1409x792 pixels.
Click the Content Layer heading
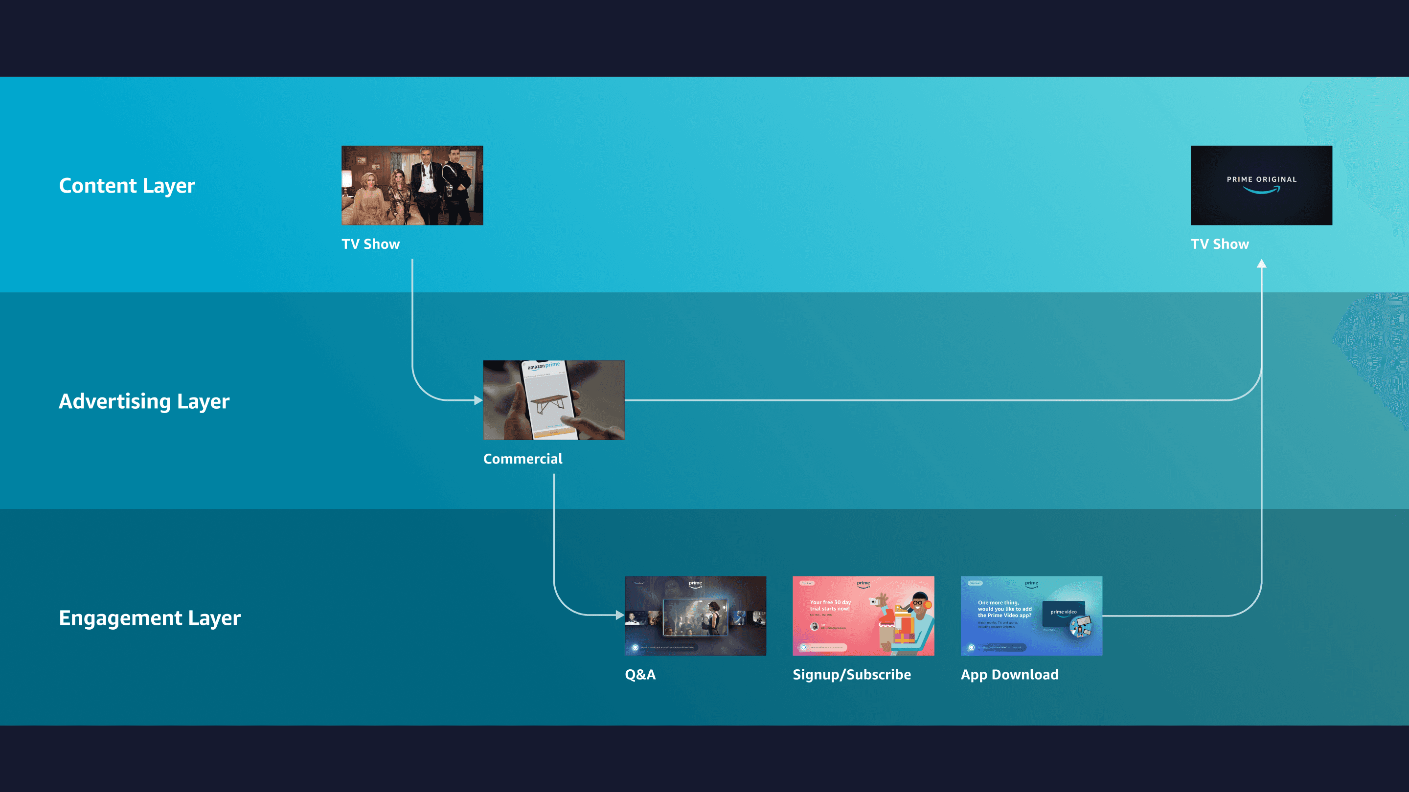pyautogui.click(x=127, y=186)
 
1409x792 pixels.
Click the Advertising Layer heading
pyautogui.click(x=144, y=401)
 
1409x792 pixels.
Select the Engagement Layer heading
pyautogui.click(x=149, y=617)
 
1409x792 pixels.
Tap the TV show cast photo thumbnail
pyautogui.click(x=412, y=185)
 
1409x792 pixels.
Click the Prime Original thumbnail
pyautogui.click(x=1261, y=185)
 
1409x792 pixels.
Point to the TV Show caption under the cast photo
pyautogui.click(x=370, y=244)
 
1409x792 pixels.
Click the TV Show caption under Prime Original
pyautogui.click(x=1219, y=244)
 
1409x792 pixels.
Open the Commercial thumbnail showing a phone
pyautogui.click(x=553, y=400)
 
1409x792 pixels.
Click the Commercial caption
pyautogui.click(x=523, y=459)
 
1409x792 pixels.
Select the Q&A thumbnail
pyautogui.click(x=695, y=616)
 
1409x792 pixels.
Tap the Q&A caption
pyautogui.click(x=640, y=675)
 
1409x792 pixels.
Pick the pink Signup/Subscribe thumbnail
pyautogui.click(x=863, y=616)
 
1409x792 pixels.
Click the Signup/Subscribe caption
pyautogui.click(x=852, y=675)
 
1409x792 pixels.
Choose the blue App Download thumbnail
pyautogui.click(x=1031, y=616)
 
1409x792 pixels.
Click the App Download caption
pyautogui.click(x=1009, y=675)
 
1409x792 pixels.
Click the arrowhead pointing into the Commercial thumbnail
pyautogui.click(x=478, y=400)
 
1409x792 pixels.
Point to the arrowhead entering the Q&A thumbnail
pyautogui.click(x=620, y=615)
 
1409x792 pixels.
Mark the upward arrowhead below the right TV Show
pyautogui.click(x=1261, y=264)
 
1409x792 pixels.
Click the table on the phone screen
pyautogui.click(x=550, y=402)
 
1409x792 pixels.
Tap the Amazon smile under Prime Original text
pyautogui.click(x=1261, y=190)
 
